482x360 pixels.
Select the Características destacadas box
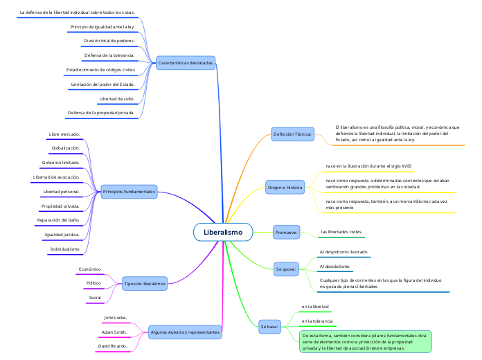[x=185, y=63]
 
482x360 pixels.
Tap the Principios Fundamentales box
[x=128, y=191]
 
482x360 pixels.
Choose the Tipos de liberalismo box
[x=145, y=283]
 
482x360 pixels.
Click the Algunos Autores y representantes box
[x=185, y=332]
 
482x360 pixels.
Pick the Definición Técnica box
[x=292, y=134]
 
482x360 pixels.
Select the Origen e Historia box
[x=285, y=188]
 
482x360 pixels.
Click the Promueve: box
[x=286, y=232]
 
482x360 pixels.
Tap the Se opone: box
[x=286, y=269]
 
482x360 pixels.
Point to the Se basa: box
[x=269, y=325]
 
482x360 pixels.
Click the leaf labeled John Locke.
[x=115, y=318]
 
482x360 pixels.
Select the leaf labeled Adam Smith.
[x=114, y=332]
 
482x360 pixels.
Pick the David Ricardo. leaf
[x=112, y=345]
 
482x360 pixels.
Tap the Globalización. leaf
[x=66, y=148]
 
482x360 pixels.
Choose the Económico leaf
[x=90, y=269]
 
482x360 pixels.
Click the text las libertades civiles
[x=341, y=232]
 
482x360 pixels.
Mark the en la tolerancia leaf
[x=317, y=321]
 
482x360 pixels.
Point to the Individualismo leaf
[x=64, y=249]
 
